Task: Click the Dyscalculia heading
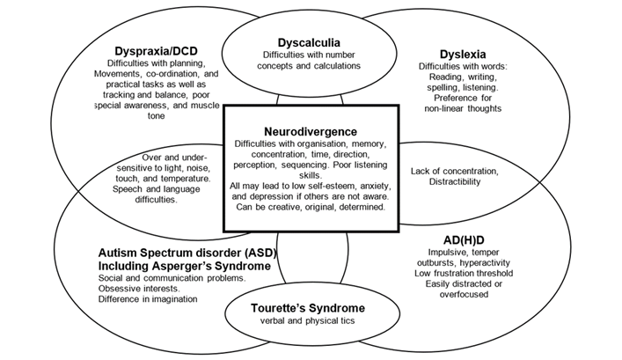tap(309, 43)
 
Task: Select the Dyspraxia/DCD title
tap(156, 51)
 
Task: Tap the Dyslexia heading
tap(463, 54)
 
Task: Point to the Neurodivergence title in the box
tap(311, 131)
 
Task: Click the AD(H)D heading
tap(464, 240)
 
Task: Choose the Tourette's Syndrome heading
tap(308, 308)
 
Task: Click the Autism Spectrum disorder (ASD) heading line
tap(187, 253)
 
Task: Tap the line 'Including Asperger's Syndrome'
tap(185, 266)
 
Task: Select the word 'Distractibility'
tap(455, 182)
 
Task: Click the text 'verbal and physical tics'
tap(307, 320)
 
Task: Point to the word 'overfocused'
tap(464, 295)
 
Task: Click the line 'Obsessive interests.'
tap(139, 289)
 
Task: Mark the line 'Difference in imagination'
tap(148, 299)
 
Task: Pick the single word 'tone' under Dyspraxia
tap(156, 116)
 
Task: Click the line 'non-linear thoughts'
tap(463, 108)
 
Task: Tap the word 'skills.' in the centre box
tap(311, 175)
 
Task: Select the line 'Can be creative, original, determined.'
tap(311, 207)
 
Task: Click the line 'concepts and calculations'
tap(309, 65)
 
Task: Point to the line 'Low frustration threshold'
tap(464, 273)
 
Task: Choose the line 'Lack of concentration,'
tap(455, 171)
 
